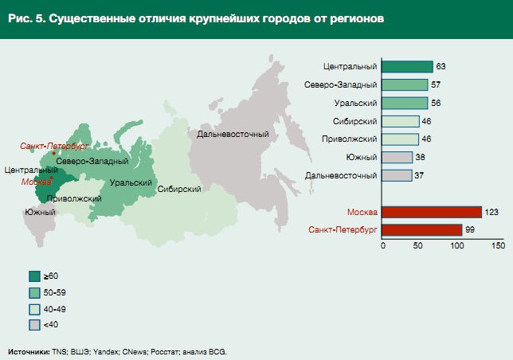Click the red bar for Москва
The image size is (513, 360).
click(432, 212)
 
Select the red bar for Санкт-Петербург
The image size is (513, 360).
click(421, 230)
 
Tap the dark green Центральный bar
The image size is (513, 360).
click(407, 67)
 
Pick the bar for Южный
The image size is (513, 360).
click(397, 157)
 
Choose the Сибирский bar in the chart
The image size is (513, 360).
click(401, 121)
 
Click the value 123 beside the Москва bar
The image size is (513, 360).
click(491, 212)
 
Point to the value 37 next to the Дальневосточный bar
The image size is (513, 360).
click(419, 175)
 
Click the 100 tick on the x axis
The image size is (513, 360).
click(457, 245)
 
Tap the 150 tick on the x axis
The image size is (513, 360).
click(499, 245)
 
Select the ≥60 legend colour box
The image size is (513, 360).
click(34, 276)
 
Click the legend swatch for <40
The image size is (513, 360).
click(34, 325)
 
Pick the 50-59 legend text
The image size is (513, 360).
click(55, 292)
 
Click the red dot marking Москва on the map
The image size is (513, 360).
click(51, 178)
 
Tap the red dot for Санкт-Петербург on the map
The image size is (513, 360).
click(53, 153)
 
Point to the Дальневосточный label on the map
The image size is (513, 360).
click(233, 135)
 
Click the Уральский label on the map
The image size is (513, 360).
click(131, 182)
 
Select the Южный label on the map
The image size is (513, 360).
click(41, 212)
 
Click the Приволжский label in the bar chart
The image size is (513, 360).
click(350, 139)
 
